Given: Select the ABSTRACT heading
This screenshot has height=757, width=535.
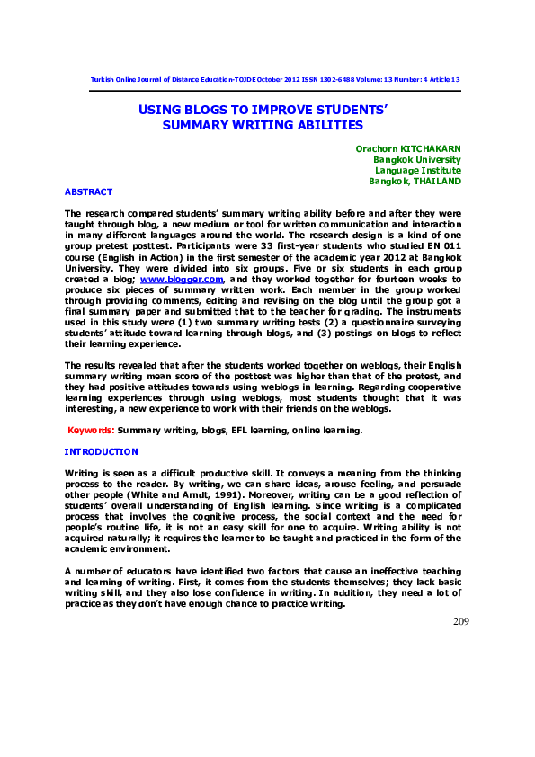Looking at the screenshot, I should click(x=88, y=191).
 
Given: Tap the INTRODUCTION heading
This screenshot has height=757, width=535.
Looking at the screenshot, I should click(x=102, y=450).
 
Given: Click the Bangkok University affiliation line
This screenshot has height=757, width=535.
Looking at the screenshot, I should click(x=417, y=159).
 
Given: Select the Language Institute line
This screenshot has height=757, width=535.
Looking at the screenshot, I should click(x=418, y=170).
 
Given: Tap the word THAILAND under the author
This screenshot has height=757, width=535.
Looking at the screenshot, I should click(x=437, y=181).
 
